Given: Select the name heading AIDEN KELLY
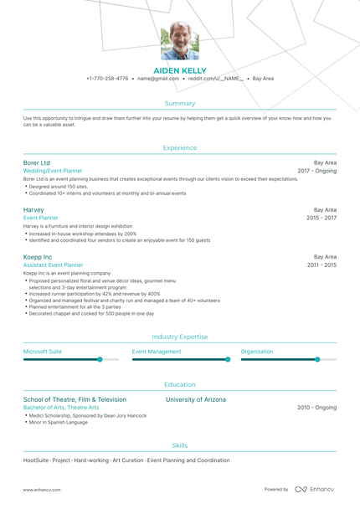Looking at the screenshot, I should point(180,70).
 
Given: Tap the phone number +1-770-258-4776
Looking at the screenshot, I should point(107,79).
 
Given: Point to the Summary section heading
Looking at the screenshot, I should point(180,103).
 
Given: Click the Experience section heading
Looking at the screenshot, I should point(180,147).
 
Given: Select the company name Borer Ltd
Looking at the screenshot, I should point(37,162).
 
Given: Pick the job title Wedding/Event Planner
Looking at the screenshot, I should point(53,171).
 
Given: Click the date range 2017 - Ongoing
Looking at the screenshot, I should point(316,171).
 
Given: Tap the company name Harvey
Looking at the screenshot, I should point(33,209).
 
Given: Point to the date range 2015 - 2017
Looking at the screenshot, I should point(321,218).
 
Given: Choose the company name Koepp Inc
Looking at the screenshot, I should point(38,256).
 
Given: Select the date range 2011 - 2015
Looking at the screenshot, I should point(321,265).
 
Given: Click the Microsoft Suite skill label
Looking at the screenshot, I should point(42,352).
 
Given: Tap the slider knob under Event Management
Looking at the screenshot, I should point(227,359).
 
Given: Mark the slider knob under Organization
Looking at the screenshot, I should point(317,359).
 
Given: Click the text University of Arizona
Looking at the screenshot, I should point(196,399).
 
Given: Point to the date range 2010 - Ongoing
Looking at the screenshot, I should point(316,408).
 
